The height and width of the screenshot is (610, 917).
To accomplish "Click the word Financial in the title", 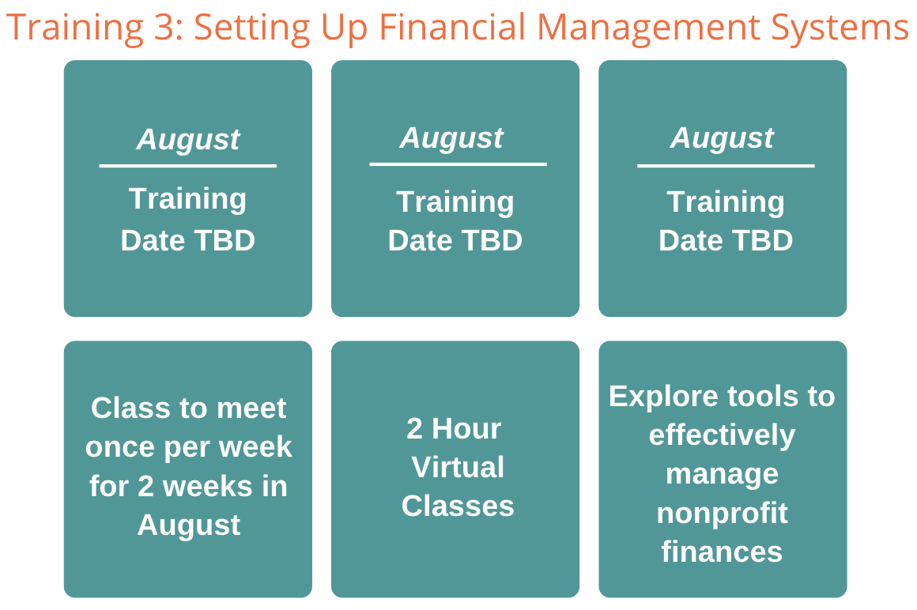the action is point(452,27).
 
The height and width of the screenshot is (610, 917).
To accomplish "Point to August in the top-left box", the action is point(188,140).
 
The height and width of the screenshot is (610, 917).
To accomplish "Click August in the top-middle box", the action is point(451,138).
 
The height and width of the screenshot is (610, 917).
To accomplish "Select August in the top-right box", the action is point(723,138).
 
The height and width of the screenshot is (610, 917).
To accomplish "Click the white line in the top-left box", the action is point(187,166).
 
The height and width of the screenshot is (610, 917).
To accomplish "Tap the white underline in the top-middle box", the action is point(458,164).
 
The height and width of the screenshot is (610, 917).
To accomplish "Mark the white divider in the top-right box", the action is point(726,166).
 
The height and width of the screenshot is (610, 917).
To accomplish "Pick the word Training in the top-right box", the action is point(726,202).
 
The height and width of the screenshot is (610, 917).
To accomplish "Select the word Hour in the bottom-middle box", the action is point(466,429).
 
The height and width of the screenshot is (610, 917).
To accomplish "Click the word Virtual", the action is point(458,468).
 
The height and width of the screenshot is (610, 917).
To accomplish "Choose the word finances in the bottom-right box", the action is point(723,552).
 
